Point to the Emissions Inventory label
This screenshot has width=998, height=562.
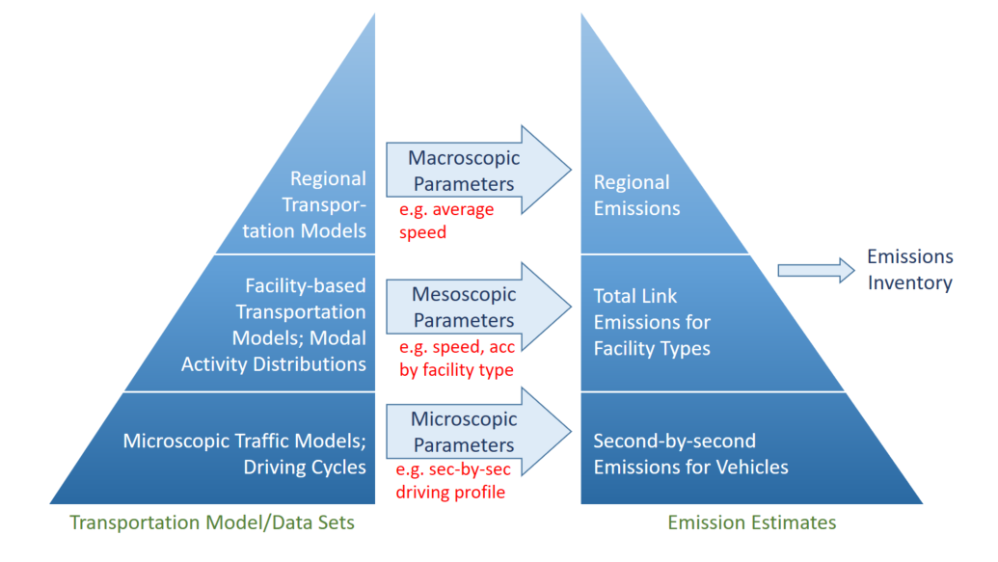tap(909, 270)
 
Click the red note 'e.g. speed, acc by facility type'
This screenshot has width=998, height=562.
tap(454, 358)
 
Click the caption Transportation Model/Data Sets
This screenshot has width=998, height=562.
tap(212, 523)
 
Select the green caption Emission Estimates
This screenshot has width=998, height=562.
tap(752, 523)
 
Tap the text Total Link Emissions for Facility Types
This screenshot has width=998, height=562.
tap(652, 322)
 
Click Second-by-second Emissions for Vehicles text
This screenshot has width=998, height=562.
tap(690, 454)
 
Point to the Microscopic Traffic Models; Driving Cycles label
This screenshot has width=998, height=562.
tap(245, 454)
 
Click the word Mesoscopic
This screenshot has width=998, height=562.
tap(464, 294)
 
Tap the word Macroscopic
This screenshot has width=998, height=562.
tap(464, 157)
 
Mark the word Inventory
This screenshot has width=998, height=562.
tap(909, 283)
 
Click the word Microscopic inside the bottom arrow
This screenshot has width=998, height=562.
tap(464, 419)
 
